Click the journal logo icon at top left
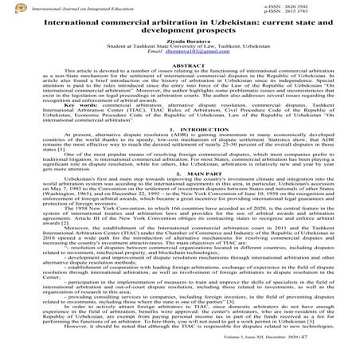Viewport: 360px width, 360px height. (x=6, y=7)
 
